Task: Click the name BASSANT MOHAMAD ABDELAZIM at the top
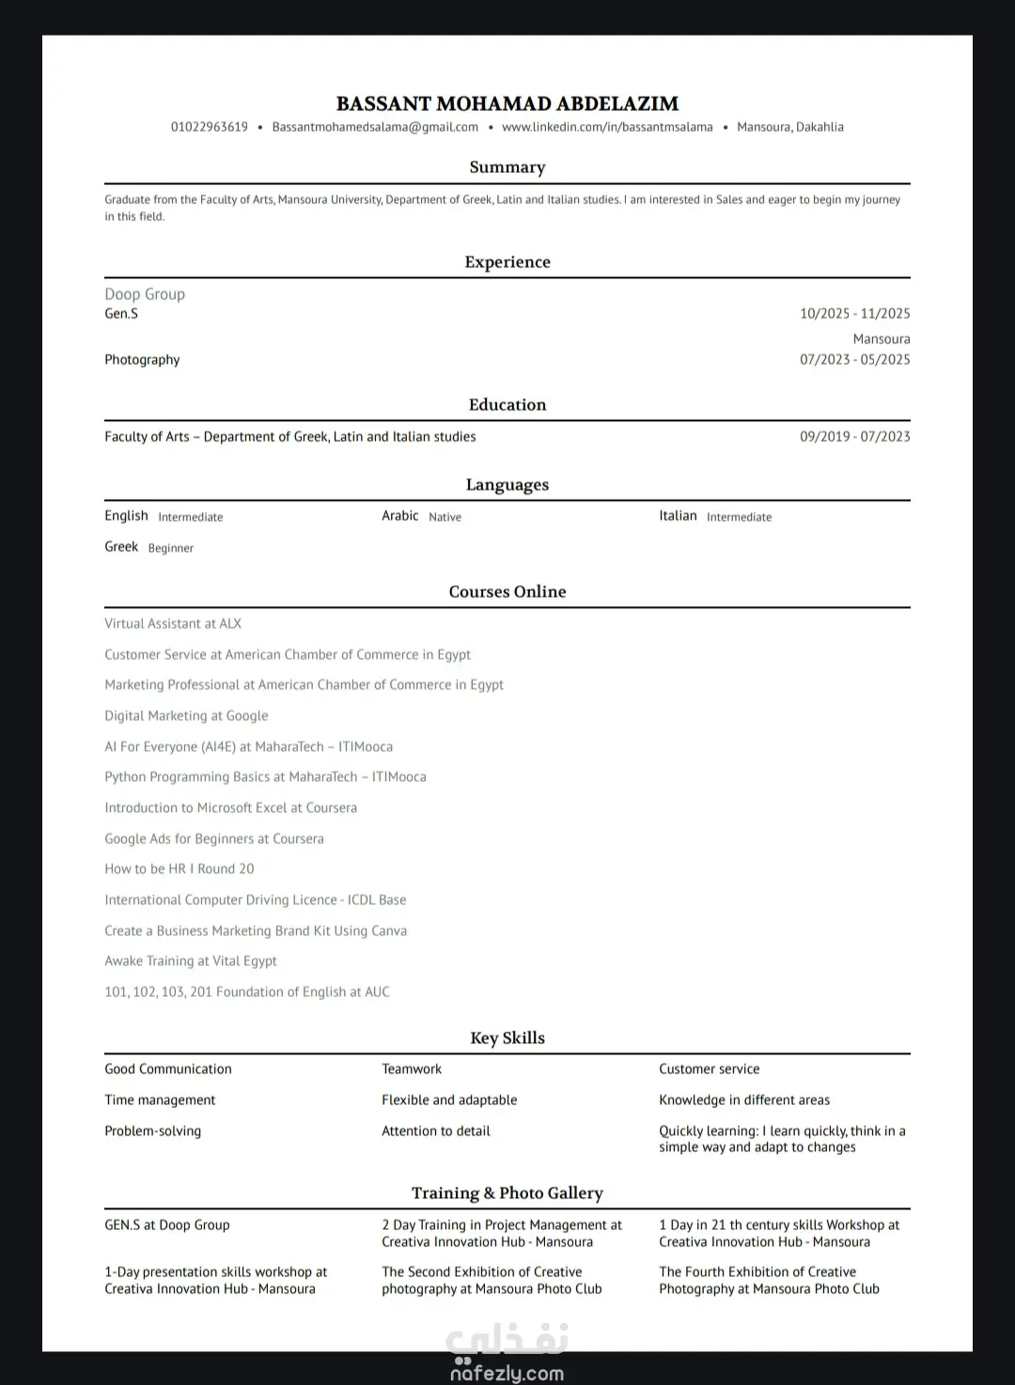[507, 103]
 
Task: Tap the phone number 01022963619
[210, 127]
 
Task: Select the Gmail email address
[375, 127]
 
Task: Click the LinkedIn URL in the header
[607, 127]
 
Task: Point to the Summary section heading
[507, 167]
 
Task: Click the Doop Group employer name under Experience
[145, 294]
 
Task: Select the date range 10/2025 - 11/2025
[854, 314]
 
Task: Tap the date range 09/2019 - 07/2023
[854, 437]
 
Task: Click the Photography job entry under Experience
[142, 360]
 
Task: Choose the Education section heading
[507, 405]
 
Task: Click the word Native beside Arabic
[445, 517]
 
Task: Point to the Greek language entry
[121, 547]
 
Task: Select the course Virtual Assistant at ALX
[173, 624]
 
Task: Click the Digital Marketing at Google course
[186, 716]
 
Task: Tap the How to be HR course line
[180, 869]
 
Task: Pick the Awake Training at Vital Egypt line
[191, 961]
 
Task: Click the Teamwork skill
[412, 1069]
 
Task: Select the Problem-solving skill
[153, 1131]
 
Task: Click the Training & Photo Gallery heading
[507, 1193]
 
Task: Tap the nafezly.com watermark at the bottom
[507, 1373]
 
